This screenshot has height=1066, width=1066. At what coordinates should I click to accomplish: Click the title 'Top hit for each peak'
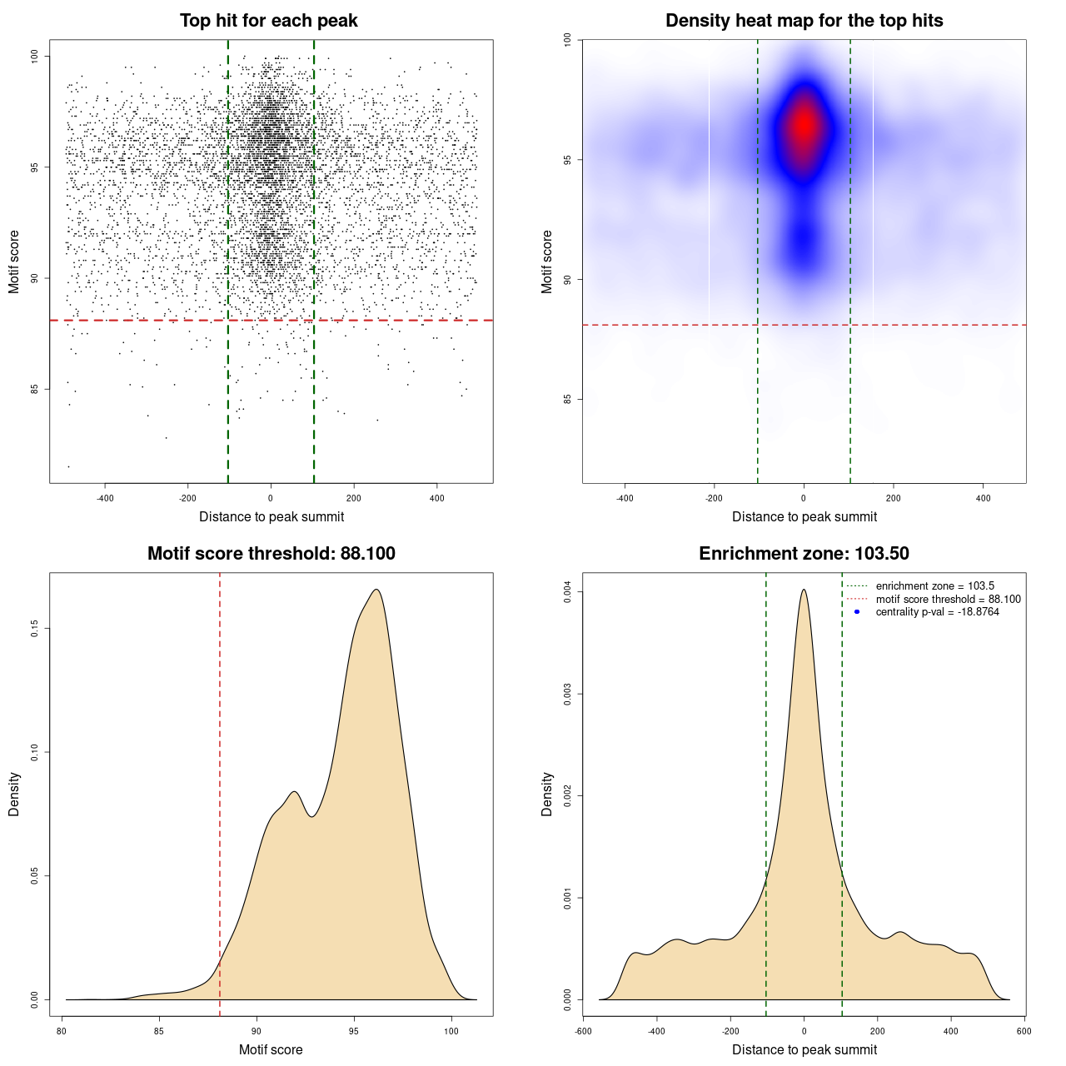(x=269, y=21)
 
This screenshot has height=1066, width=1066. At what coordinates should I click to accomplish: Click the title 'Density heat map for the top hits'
(x=804, y=21)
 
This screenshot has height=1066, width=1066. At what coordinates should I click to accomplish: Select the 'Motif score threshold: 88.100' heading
(x=271, y=554)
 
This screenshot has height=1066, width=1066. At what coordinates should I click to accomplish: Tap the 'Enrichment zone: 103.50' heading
(x=804, y=554)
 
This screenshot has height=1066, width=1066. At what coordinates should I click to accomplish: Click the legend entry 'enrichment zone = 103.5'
(x=934, y=586)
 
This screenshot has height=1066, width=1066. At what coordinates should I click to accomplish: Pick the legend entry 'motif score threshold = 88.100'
(x=948, y=600)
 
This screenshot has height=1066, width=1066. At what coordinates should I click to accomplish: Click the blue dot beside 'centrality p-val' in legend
(x=857, y=612)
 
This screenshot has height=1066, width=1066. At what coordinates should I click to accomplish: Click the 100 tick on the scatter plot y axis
(x=35, y=56)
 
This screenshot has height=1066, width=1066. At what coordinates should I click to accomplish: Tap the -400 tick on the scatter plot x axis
(x=105, y=498)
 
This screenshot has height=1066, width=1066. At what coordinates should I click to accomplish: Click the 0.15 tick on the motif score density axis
(x=35, y=629)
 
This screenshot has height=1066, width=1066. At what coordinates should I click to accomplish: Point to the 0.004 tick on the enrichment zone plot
(x=568, y=592)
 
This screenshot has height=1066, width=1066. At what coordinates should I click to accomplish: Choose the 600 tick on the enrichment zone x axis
(x=1024, y=1031)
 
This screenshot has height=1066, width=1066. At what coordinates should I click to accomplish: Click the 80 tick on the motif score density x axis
(x=62, y=1031)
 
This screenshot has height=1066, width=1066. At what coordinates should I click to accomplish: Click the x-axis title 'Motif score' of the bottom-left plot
(x=271, y=1050)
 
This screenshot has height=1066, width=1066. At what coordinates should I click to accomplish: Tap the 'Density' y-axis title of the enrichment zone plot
(x=547, y=794)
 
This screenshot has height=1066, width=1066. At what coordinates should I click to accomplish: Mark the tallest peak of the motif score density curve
(x=376, y=590)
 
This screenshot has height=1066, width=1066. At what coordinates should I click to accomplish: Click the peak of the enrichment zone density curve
(x=804, y=590)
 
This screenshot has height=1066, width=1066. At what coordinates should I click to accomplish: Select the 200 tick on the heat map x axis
(x=894, y=498)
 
